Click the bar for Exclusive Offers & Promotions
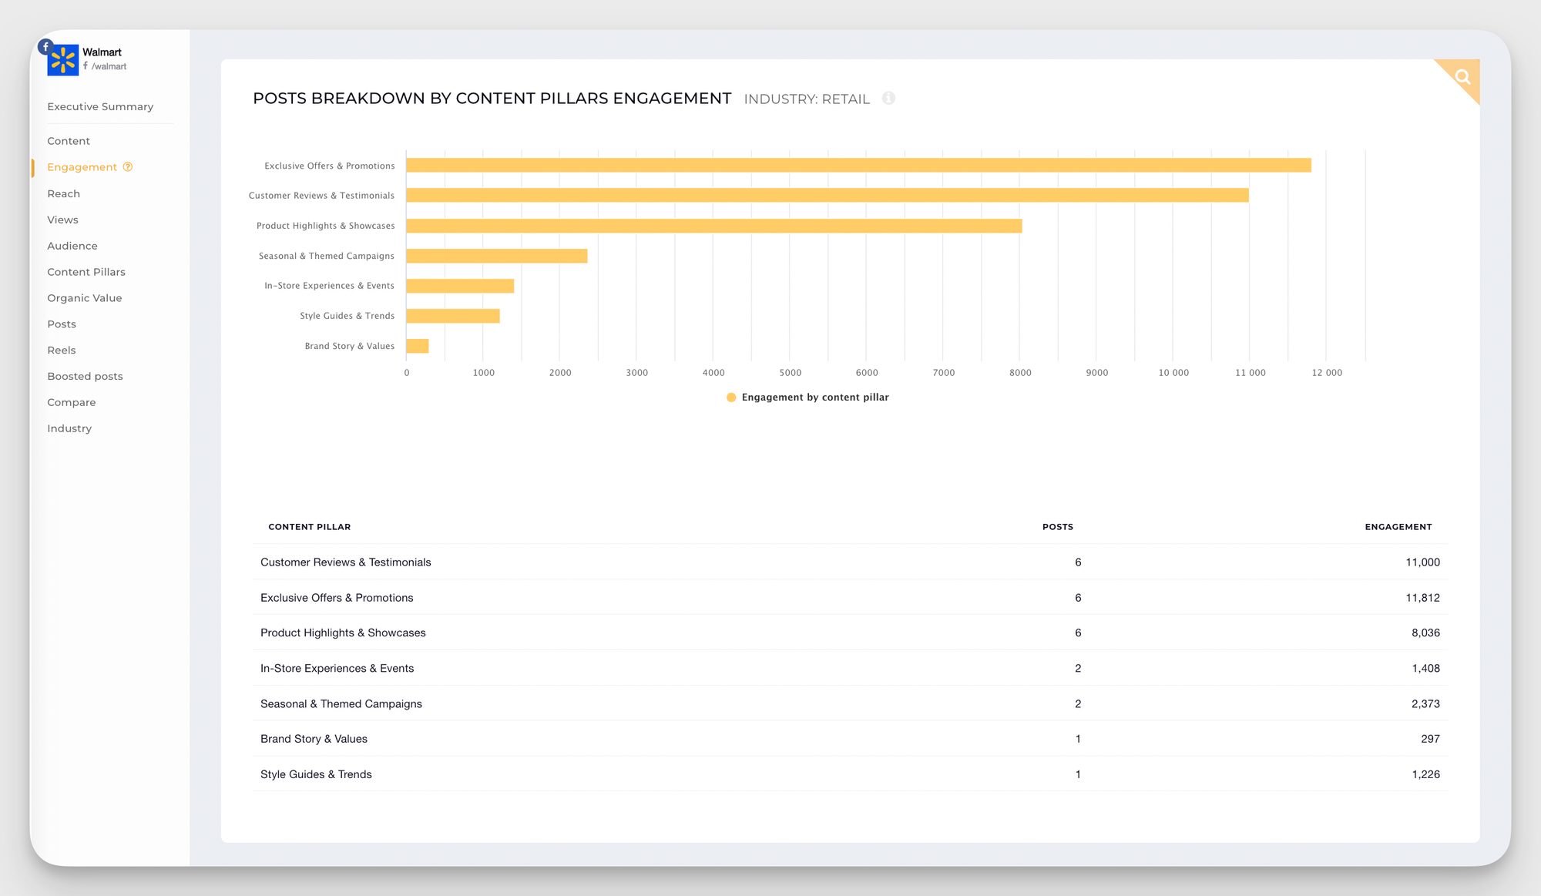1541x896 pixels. pos(858,165)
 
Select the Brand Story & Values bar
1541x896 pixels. pos(418,346)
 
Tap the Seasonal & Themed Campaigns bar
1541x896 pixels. pos(496,256)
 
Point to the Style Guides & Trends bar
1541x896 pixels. pos(453,316)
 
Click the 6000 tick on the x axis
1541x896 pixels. pos(867,373)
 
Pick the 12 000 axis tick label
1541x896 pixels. pos(1327,373)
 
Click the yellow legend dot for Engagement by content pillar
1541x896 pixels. pos(731,398)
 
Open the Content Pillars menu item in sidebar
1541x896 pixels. pos(86,272)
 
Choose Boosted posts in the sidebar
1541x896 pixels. pos(85,376)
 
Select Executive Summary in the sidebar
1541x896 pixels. pos(100,106)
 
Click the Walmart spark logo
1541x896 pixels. pos(62,60)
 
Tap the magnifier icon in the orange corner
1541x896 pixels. pos(1462,76)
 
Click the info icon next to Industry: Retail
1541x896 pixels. pos(888,99)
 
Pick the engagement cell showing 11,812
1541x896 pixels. pos(1422,598)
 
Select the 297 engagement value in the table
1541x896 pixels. pos(1430,739)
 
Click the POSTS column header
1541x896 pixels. pos(1057,527)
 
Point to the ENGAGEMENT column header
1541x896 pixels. pos(1398,527)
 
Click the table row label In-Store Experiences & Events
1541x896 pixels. pos(337,669)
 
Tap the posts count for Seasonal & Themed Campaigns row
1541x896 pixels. pos(1078,704)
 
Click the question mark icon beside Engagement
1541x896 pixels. pos(128,167)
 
